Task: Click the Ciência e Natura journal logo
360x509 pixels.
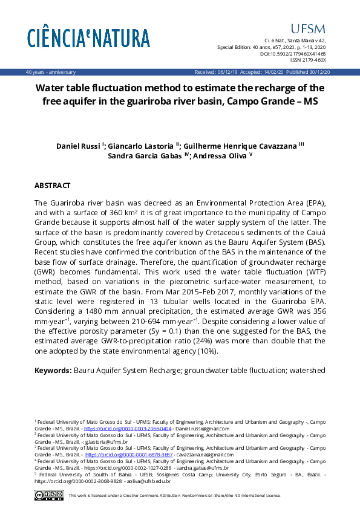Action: (88, 38)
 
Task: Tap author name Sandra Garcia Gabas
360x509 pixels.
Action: (146, 156)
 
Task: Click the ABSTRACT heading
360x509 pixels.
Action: (53, 186)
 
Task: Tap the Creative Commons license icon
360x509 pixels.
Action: (49, 495)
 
